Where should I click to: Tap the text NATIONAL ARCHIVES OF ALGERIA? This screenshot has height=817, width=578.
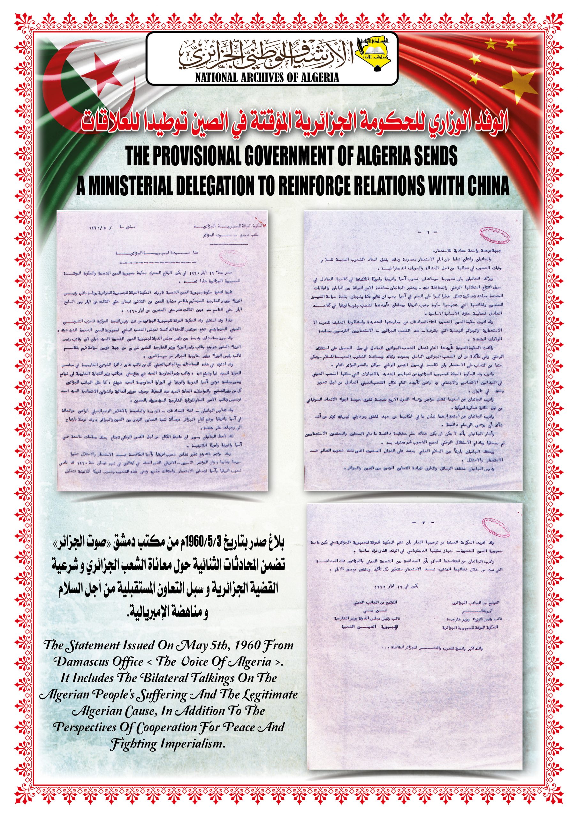click(267, 78)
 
